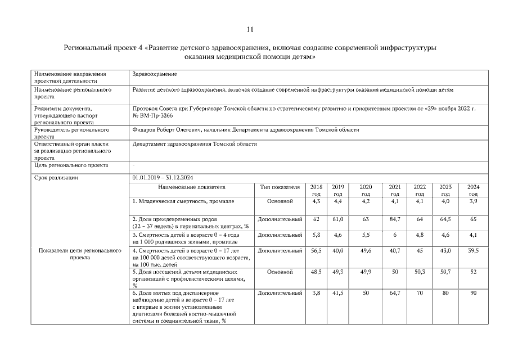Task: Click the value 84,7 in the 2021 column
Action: pos(394,219)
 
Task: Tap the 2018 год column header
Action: pos(316,190)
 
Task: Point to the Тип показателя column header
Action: pos(280,186)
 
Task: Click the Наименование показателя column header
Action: pos(191,186)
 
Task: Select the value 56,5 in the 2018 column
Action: pos(316,250)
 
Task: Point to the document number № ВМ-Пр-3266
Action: pos(152,115)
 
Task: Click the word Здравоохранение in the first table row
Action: pos(154,74)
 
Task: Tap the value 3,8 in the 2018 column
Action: pos(316,293)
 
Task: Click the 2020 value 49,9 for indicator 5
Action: pos(365,272)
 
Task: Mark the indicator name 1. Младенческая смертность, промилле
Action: pos(183,201)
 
